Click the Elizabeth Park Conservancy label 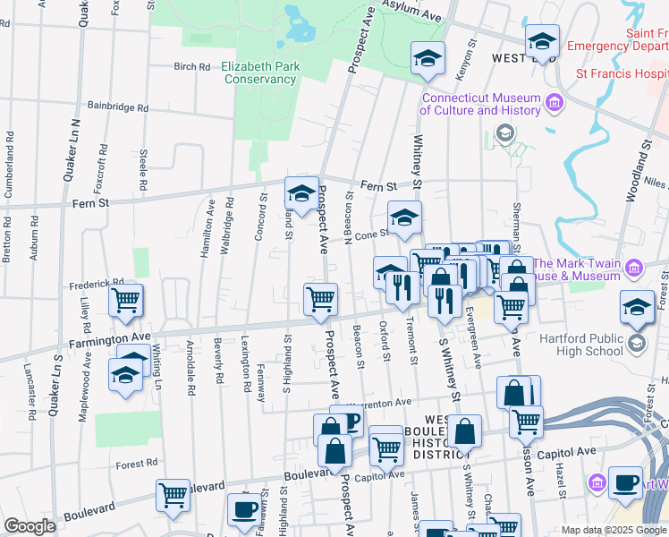(x=259, y=72)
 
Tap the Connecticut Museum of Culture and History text (x=480, y=105)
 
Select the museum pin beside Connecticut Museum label (x=555, y=101)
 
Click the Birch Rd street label (x=191, y=67)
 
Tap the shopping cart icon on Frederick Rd (x=126, y=301)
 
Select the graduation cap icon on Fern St (x=301, y=193)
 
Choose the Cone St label (x=371, y=235)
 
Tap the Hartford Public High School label (x=580, y=345)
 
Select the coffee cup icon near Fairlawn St (x=243, y=510)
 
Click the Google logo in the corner (x=30, y=526)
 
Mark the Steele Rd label (x=143, y=171)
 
